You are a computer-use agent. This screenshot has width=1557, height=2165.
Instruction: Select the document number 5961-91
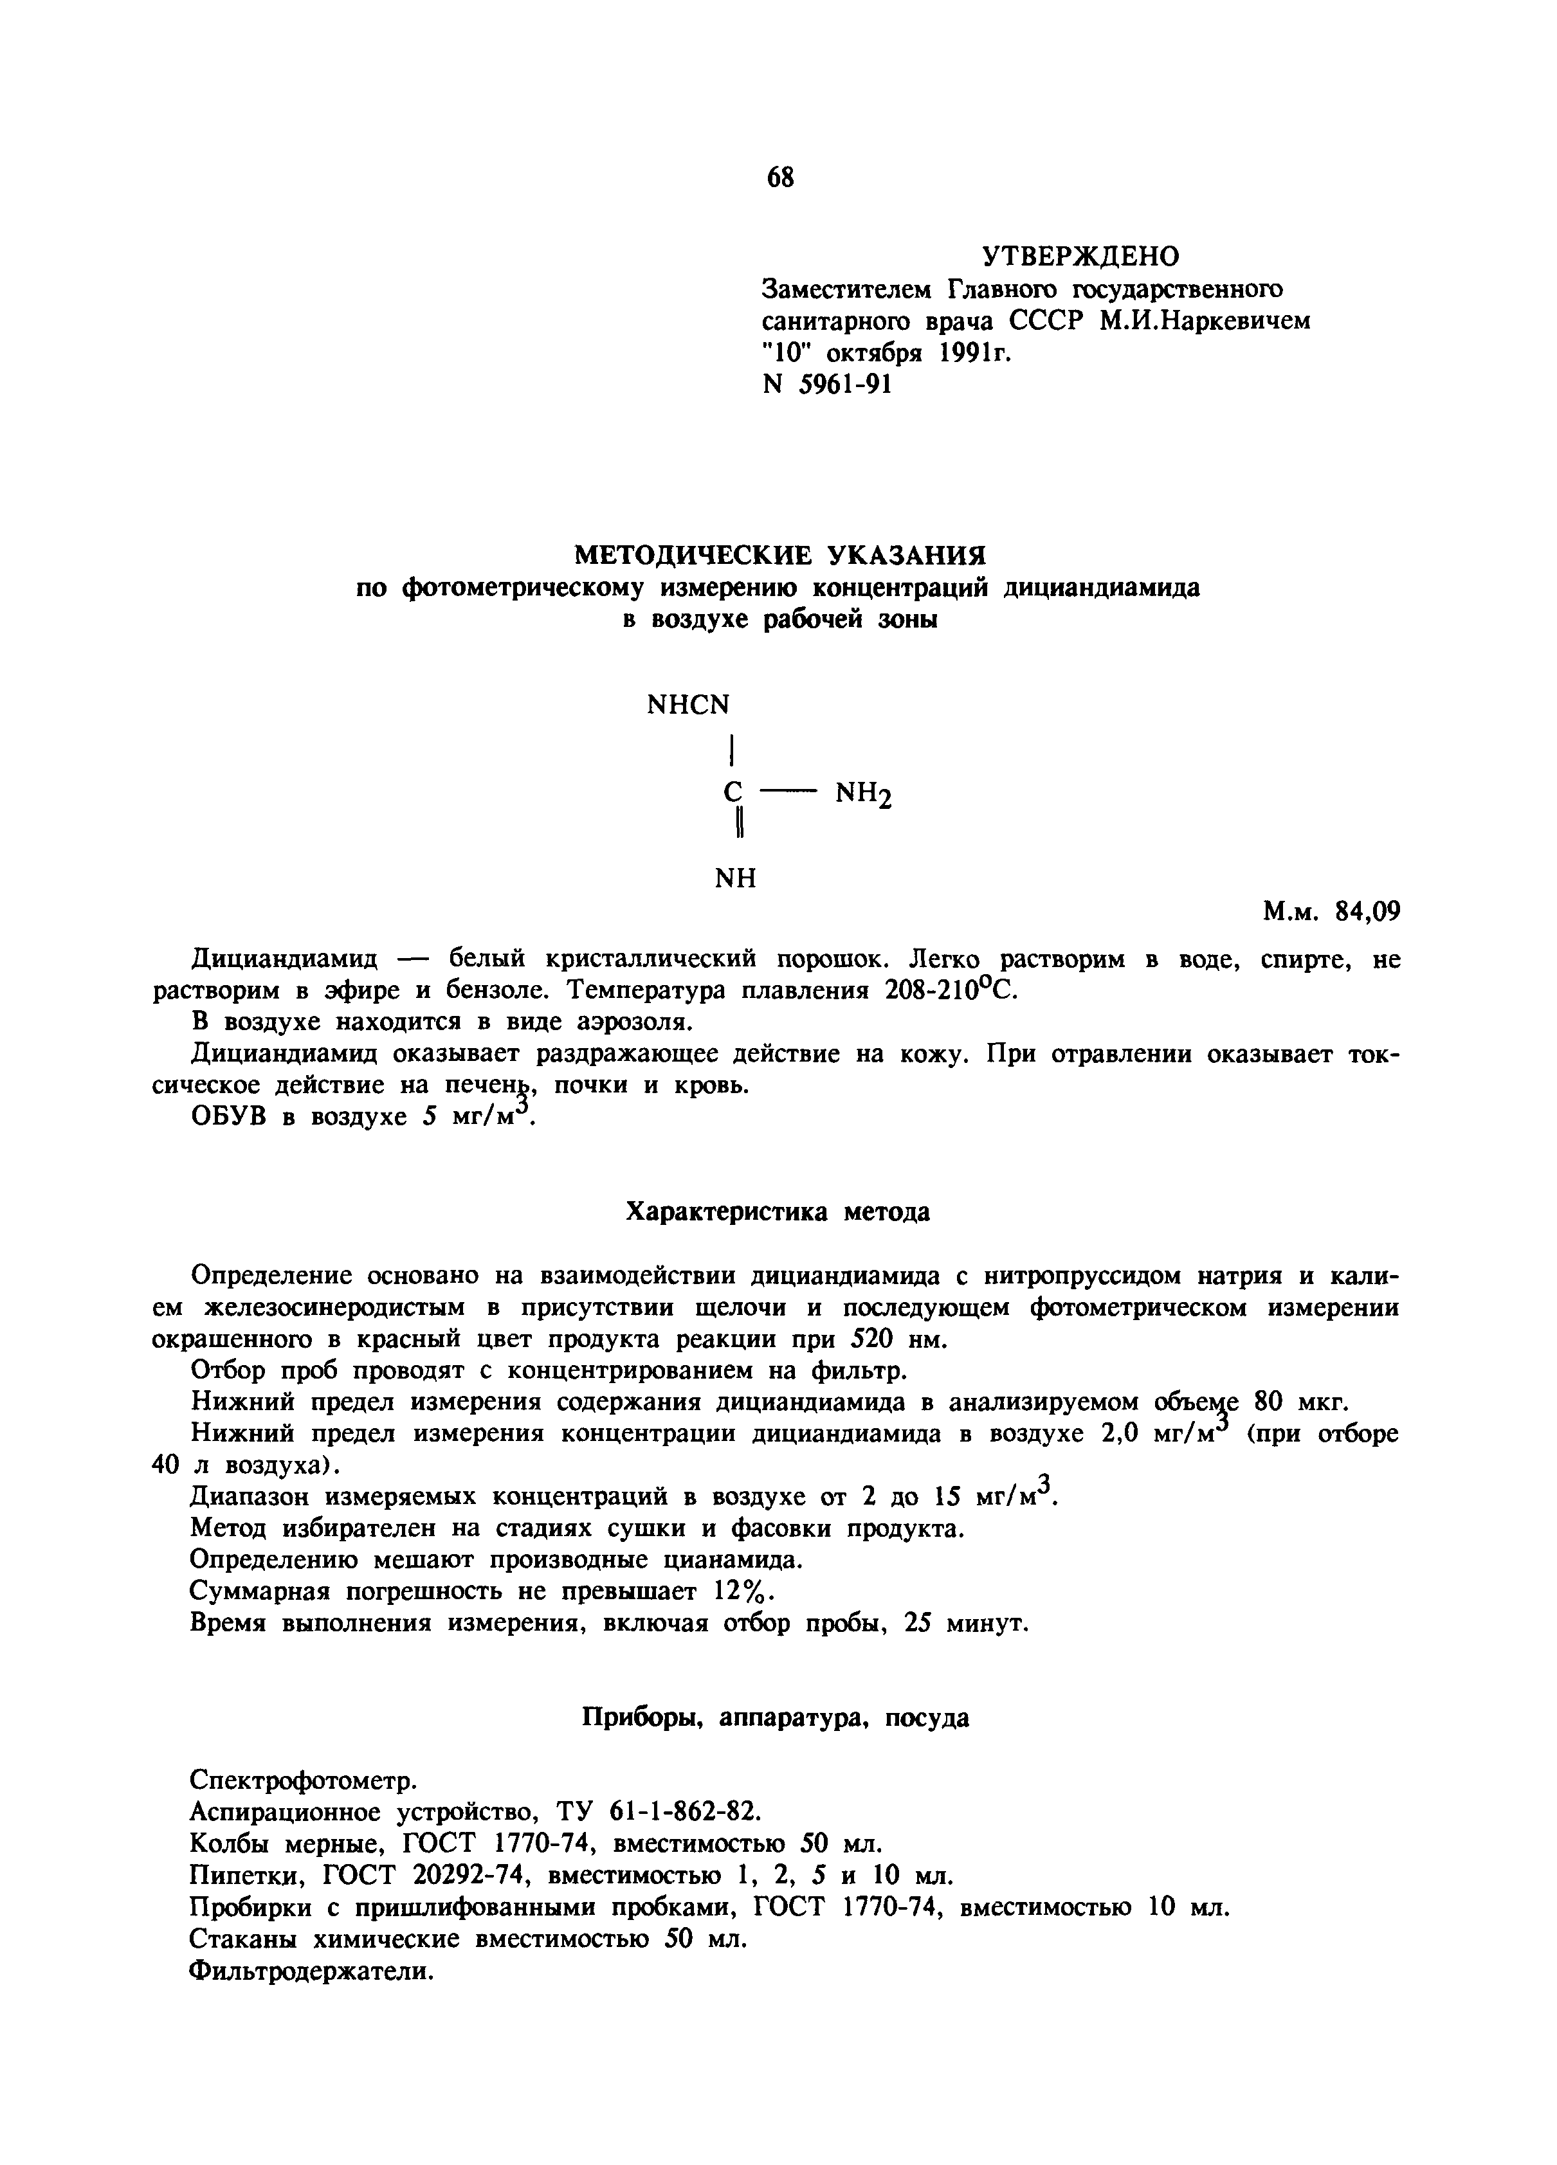point(848,384)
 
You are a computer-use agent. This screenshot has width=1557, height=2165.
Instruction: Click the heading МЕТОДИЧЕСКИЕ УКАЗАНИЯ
point(778,555)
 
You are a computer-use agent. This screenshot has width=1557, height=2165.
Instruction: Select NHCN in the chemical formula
point(687,705)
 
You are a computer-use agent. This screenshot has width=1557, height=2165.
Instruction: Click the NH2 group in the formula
point(864,794)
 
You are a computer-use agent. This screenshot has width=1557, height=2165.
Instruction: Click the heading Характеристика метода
point(777,1212)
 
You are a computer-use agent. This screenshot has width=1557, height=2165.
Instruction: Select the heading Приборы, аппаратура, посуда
point(775,1718)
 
